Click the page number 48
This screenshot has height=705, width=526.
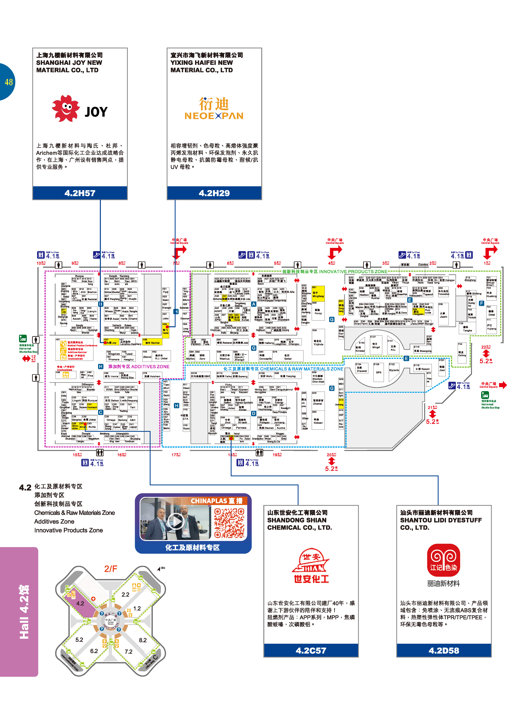(9, 82)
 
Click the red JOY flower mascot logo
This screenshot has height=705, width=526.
(66, 108)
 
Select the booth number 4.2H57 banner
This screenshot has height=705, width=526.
(80, 193)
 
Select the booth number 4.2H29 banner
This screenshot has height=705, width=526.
(214, 193)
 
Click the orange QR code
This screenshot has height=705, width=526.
(229, 523)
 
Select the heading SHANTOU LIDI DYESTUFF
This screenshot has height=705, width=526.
(441, 520)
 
